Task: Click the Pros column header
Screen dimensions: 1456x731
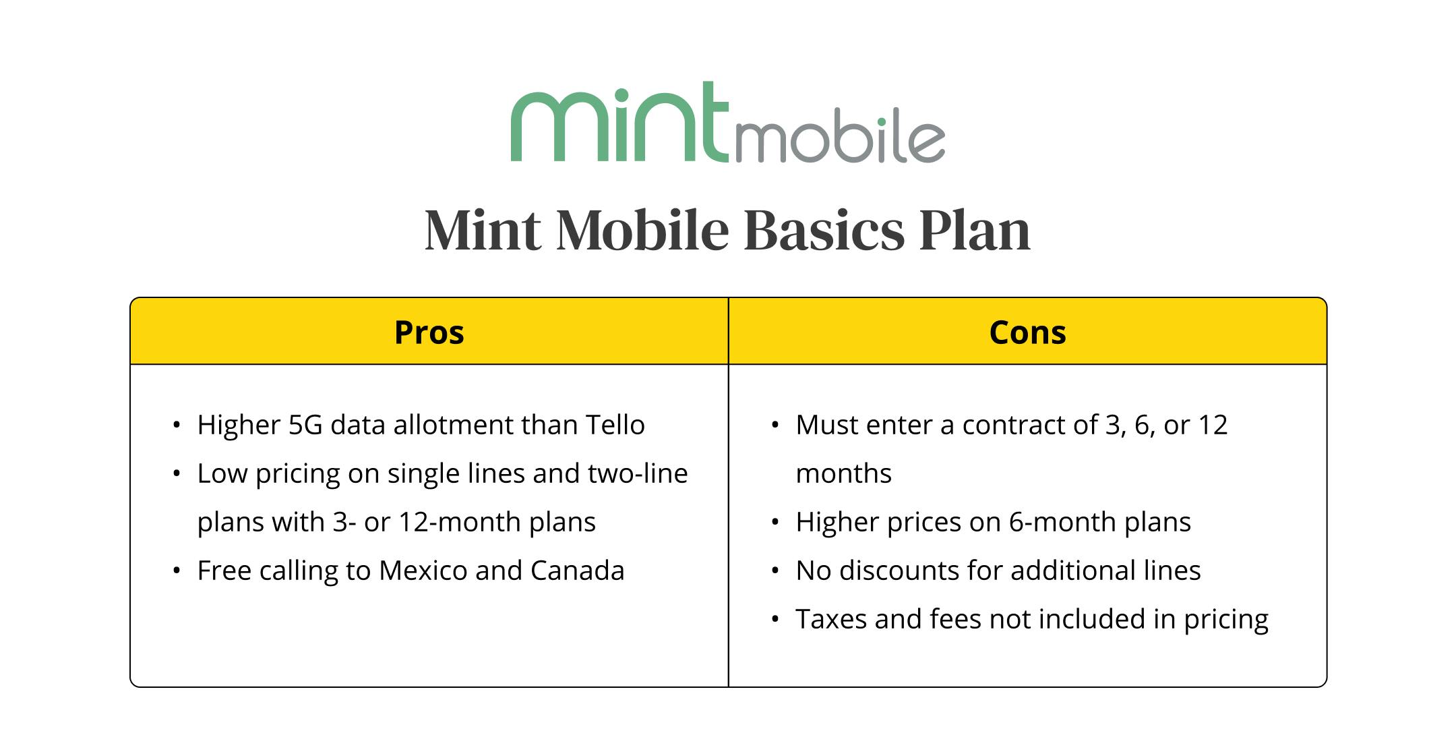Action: coord(429,332)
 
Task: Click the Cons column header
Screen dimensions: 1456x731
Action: coord(1027,332)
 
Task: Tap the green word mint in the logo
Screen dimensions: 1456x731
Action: coord(619,122)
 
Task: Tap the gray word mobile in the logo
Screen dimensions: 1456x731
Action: coord(839,138)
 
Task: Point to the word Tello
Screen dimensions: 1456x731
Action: coord(615,425)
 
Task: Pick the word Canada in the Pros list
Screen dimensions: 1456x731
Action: coord(577,571)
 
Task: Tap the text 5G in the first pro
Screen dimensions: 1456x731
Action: coord(305,425)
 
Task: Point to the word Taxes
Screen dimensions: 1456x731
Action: coord(831,619)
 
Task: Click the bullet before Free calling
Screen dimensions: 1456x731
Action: coord(177,571)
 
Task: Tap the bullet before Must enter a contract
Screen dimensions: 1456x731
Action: coord(775,426)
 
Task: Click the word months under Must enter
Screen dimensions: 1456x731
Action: coord(843,473)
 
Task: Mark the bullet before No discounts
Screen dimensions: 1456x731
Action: coord(775,571)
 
